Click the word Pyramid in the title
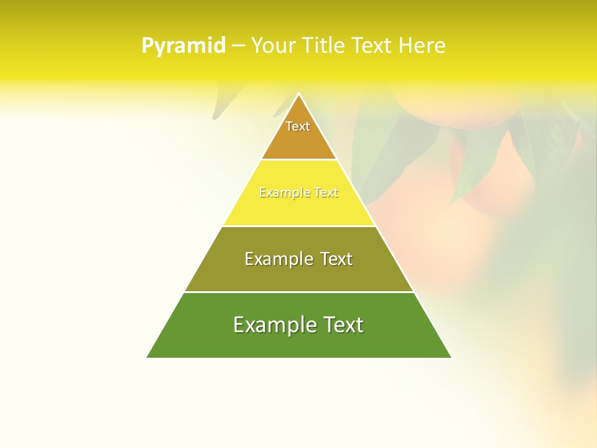pos(183,46)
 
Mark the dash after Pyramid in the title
pos(238,46)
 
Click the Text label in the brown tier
pos(298,126)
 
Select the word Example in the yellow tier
pos(280,193)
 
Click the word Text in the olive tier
pos(337,259)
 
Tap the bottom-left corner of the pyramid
pos(147,357)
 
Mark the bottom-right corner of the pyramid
pos(451,357)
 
